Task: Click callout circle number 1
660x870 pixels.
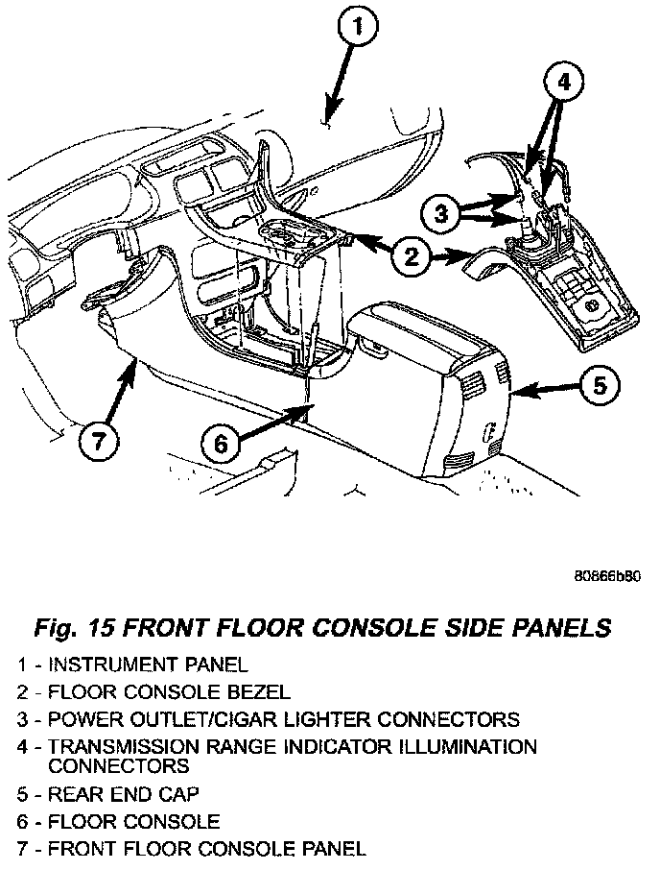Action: pyautogui.click(x=357, y=30)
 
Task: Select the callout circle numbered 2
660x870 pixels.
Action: pyautogui.click(x=411, y=255)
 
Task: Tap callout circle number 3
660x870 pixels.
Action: pyautogui.click(x=441, y=213)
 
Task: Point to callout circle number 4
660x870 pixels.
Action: pyautogui.click(x=563, y=83)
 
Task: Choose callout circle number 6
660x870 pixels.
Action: pyautogui.click(x=220, y=443)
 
